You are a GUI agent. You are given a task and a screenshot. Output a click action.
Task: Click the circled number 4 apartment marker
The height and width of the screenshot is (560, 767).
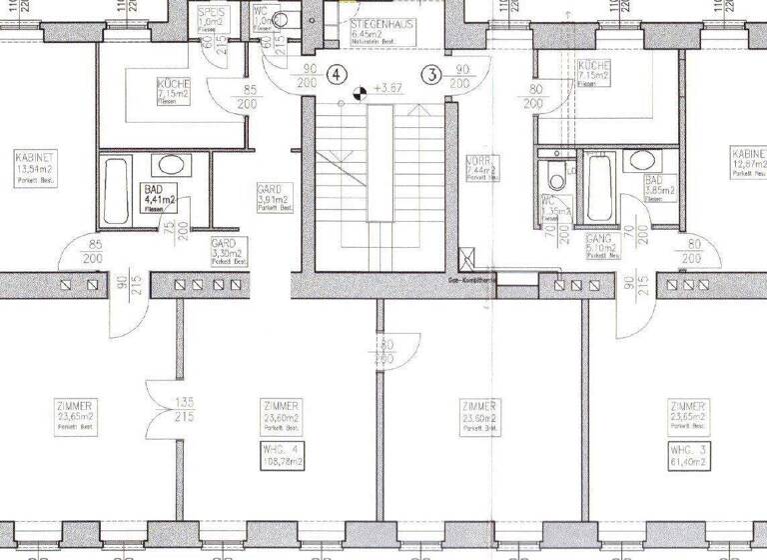pyautogui.click(x=338, y=74)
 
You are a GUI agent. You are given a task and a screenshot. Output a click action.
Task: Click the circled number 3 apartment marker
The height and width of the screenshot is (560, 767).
pyautogui.click(x=431, y=74)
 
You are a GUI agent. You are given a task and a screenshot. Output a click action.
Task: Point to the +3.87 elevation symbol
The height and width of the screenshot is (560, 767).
pyautogui.click(x=358, y=94)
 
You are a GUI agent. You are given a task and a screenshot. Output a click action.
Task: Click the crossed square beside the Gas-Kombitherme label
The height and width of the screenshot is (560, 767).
pyautogui.click(x=463, y=257)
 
